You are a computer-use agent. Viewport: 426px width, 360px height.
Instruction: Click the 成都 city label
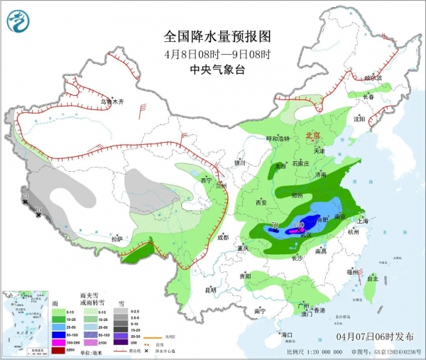point(224,238)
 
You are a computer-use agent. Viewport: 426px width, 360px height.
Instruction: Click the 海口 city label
point(288,334)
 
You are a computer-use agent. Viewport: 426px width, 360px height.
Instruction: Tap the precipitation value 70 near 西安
point(274,227)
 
